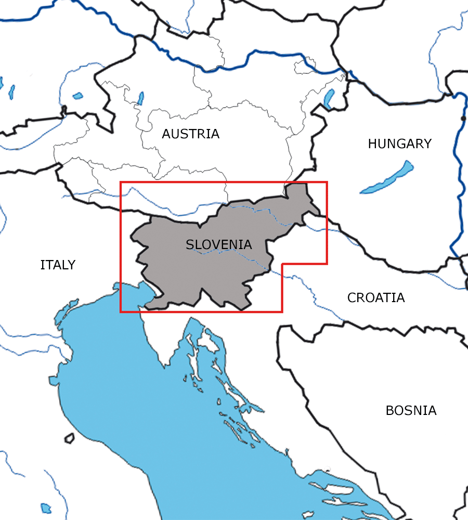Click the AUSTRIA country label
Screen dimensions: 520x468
pyautogui.click(x=190, y=134)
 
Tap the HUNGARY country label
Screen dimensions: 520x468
pyautogui.click(x=399, y=144)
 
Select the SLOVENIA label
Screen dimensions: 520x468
pyautogui.click(x=218, y=245)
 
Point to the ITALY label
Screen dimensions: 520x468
pyautogui.click(x=58, y=265)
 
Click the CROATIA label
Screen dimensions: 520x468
pyautogui.click(x=376, y=298)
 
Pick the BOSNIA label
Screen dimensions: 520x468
pyautogui.click(x=411, y=411)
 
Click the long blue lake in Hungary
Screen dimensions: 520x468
pyautogui.click(x=387, y=178)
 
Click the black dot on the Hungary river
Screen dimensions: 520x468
pyautogui.click(x=463, y=119)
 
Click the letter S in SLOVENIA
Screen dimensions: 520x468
pyautogui.click(x=190, y=245)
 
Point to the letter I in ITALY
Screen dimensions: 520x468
pyautogui.click(x=42, y=265)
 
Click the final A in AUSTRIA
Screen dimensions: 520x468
pyautogui.click(x=215, y=134)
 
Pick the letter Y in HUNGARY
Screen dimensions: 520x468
pyautogui.click(x=427, y=144)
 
